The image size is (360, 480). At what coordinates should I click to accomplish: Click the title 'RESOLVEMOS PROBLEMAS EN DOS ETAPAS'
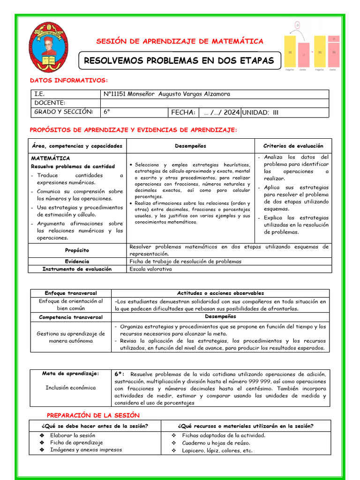[x=179, y=61]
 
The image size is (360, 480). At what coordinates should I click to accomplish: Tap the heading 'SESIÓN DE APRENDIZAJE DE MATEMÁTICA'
[x=180, y=41]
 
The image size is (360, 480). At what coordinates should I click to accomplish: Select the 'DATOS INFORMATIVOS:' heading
[x=69, y=81]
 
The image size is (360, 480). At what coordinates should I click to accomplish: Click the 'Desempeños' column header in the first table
[x=190, y=146]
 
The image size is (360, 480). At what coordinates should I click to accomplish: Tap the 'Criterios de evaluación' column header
[x=293, y=146]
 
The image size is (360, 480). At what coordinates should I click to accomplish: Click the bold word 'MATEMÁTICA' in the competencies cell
[x=51, y=158]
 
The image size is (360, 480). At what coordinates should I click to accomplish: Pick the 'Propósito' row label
[x=77, y=250]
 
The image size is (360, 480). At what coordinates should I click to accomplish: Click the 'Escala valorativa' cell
[x=150, y=269]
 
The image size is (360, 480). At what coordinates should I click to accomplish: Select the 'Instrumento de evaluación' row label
[x=77, y=269]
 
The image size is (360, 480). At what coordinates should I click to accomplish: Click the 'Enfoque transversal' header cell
[x=70, y=293]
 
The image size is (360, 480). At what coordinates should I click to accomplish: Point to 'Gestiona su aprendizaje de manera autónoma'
[x=70, y=337]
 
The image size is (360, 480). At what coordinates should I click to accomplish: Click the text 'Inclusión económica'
[x=70, y=388]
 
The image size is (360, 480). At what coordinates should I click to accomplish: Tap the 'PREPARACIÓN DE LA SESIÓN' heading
[x=93, y=415]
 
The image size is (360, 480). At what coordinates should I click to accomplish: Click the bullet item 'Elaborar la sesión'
[x=73, y=435]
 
